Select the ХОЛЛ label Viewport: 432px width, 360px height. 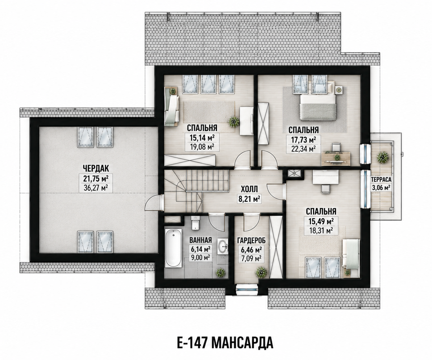(x=249, y=189)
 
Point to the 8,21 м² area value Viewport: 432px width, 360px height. (x=250, y=199)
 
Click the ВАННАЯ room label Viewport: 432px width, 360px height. (x=201, y=239)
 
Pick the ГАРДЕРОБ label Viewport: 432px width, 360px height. (x=251, y=241)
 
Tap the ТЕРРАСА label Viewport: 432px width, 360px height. (x=381, y=179)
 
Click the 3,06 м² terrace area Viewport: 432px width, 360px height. (x=381, y=188)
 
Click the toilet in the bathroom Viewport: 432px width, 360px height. (x=195, y=223)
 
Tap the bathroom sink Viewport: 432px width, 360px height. (x=223, y=246)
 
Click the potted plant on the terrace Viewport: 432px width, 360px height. (x=382, y=157)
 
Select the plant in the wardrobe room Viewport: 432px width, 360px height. (x=261, y=272)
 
